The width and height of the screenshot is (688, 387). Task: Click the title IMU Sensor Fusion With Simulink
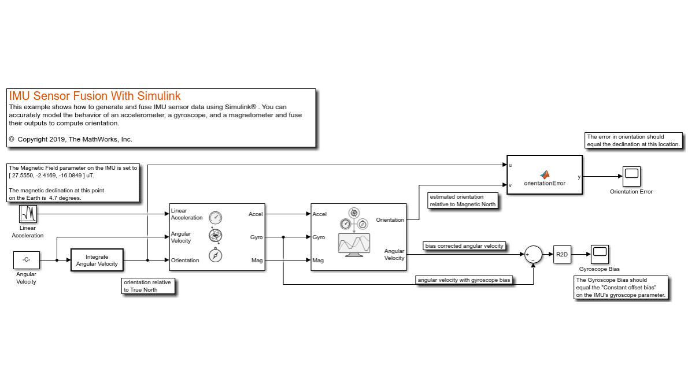(95, 96)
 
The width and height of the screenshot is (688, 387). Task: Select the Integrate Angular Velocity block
(97, 260)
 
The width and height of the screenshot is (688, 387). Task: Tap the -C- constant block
(26, 260)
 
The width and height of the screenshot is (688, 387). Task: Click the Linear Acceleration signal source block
(28, 214)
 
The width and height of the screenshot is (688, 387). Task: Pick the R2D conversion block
(562, 254)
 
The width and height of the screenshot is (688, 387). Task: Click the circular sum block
(533, 255)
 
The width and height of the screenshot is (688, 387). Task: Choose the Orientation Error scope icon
(631, 174)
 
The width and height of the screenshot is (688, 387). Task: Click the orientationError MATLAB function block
(544, 176)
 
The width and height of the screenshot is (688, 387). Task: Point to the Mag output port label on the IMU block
(257, 261)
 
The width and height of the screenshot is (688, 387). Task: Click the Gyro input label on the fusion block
(319, 237)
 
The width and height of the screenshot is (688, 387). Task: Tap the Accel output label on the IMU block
(256, 214)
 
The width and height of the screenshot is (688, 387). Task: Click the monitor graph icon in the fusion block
(354, 244)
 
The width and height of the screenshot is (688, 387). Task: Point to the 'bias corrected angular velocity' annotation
(464, 246)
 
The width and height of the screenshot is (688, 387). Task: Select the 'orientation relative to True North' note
(148, 286)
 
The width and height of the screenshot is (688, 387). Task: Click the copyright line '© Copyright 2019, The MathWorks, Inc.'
(71, 139)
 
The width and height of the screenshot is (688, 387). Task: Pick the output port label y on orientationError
(579, 177)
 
